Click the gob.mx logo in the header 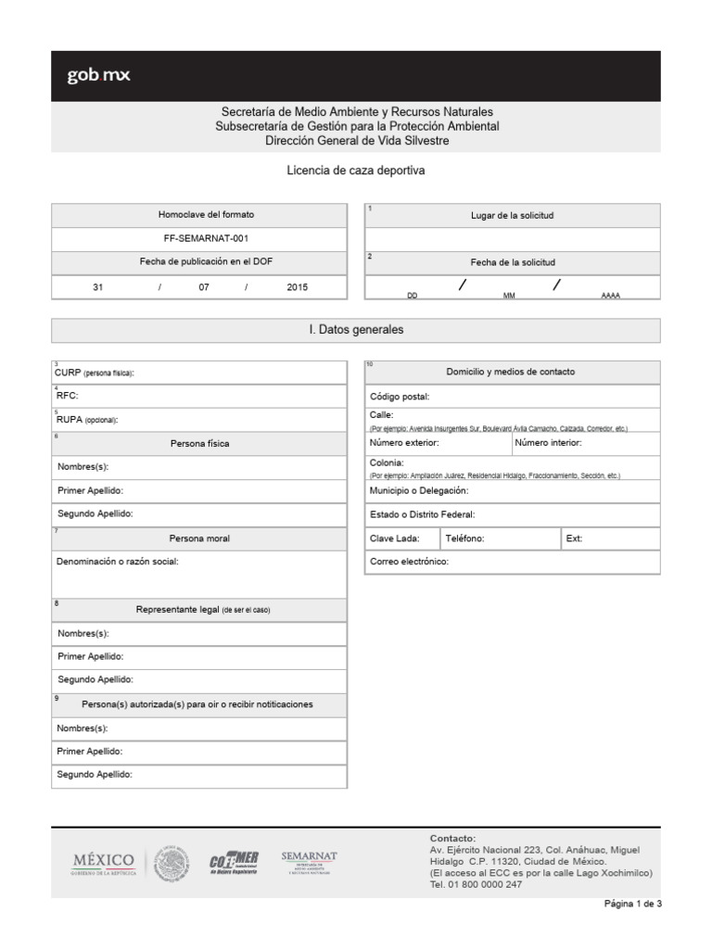pos(98,76)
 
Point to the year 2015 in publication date pos(297,287)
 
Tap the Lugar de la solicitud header pos(512,215)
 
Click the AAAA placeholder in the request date pos(610,295)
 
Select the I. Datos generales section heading pos(356,330)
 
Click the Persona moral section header pos(199,538)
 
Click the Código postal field pos(512,396)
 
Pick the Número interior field pos(585,444)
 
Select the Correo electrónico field pos(512,562)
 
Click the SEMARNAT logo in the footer pos(309,861)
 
